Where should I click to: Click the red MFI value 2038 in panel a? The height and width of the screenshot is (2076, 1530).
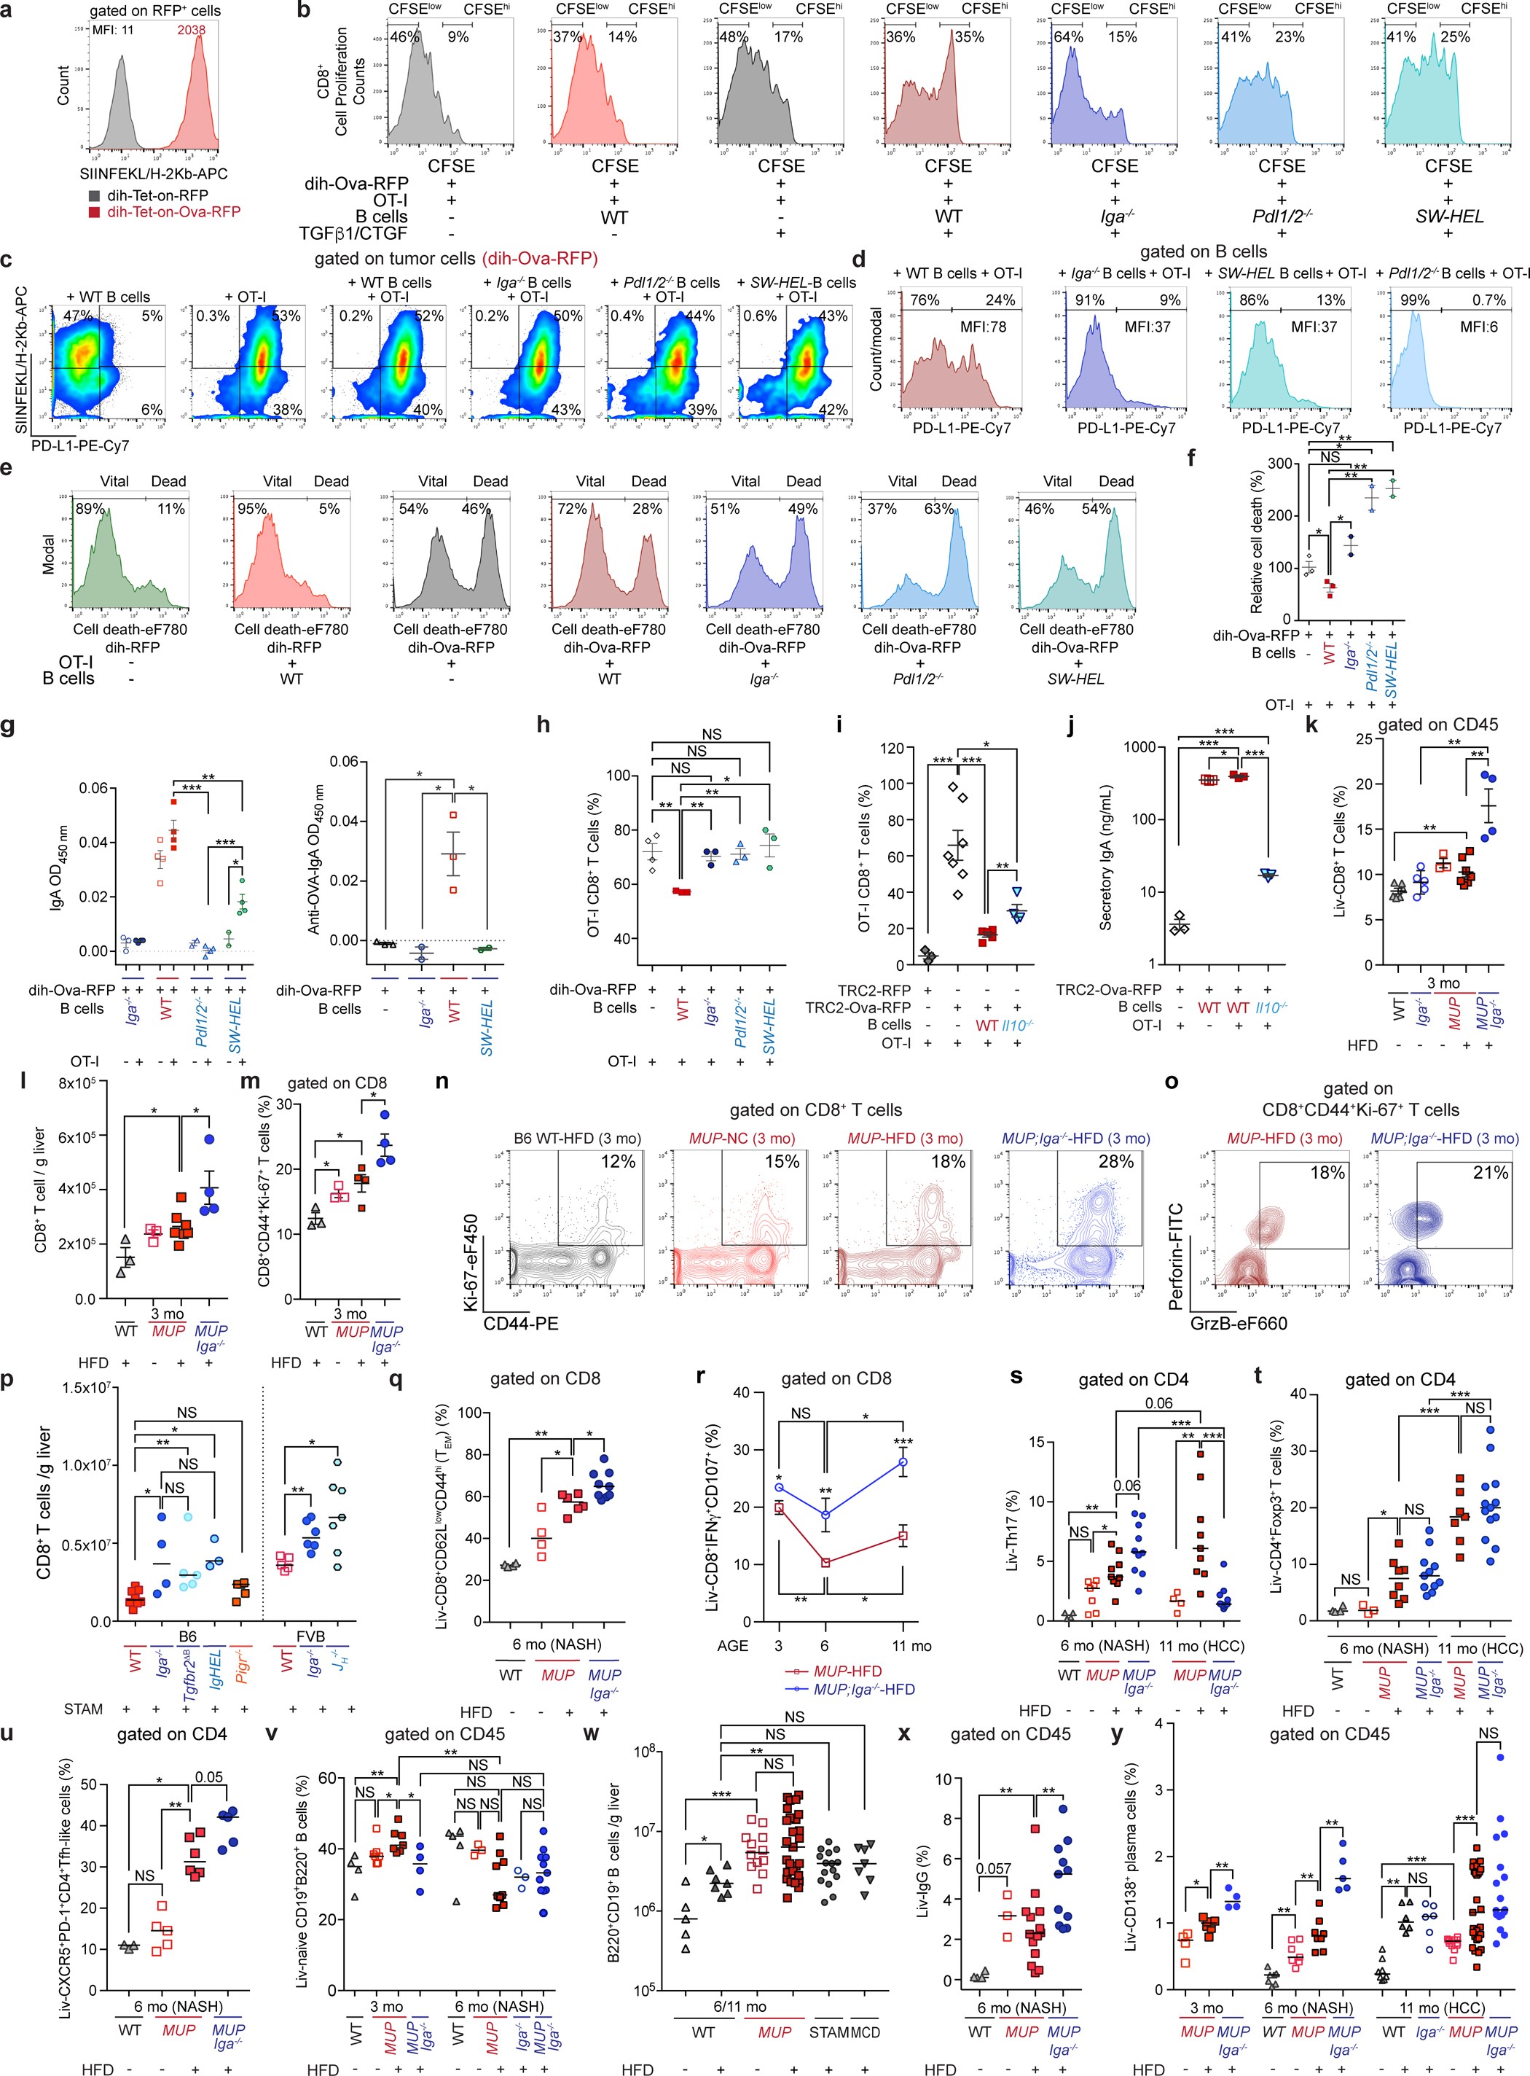point(191,30)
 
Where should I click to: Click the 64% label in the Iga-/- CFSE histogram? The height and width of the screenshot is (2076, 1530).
point(1068,37)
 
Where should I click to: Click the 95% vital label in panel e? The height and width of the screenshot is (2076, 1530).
point(252,509)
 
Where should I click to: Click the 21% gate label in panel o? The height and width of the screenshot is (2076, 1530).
point(1490,1173)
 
